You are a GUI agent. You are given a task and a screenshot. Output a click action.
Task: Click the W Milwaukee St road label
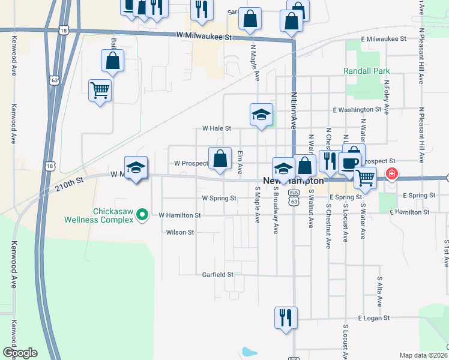click(x=204, y=37)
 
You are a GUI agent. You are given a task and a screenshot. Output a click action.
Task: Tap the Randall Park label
click(x=367, y=71)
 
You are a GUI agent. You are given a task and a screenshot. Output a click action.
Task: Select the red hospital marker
click(x=391, y=175)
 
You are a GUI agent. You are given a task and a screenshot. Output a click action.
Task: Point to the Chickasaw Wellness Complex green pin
click(x=142, y=213)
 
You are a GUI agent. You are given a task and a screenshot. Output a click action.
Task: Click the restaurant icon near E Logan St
click(x=285, y=316)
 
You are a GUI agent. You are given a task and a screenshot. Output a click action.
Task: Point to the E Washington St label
click(x=357, y=110)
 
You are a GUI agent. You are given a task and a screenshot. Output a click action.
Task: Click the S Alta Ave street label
click(x=380, y=287)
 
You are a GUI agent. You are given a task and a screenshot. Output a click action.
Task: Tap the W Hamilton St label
click(x=179, y=214)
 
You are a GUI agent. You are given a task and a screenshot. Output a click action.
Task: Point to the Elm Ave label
click(x=240, y=163)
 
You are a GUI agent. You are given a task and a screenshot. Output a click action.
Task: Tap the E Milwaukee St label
click(x=384, y=39)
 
